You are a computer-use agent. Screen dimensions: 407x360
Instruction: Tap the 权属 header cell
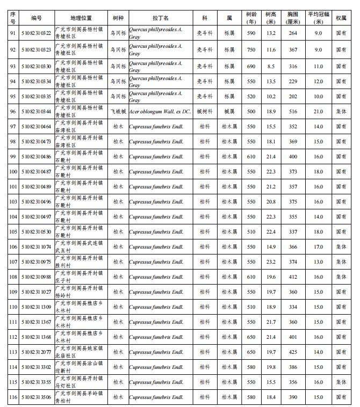click(x=341, y=18)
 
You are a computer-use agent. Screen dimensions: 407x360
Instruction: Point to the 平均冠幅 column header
click(x=318, y=18)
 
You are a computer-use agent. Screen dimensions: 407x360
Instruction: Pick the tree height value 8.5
click(x=271, y=66)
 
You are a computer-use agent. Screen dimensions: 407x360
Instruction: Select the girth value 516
click(x=293, y=111)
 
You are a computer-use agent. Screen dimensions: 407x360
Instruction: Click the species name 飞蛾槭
click(x=118, y=111)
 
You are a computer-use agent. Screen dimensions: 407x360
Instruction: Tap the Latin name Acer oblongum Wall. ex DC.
click(x=160, y=111)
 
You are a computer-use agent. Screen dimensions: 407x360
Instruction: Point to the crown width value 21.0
click(x=318, y=111)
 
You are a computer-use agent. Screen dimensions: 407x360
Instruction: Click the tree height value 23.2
click(x=271, y=262)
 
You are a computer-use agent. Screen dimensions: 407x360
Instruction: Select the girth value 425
click(x=293, y=352)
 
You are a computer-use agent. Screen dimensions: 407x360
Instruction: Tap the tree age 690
click(x=251, y=66)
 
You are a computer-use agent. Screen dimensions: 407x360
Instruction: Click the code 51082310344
click(x=37, y=111)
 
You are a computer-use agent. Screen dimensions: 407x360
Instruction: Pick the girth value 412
click(x=293, y=277)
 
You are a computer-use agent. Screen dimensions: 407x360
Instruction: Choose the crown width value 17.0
click(x=318, y=247)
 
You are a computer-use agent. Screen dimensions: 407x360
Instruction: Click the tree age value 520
click(x=251, y=97)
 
